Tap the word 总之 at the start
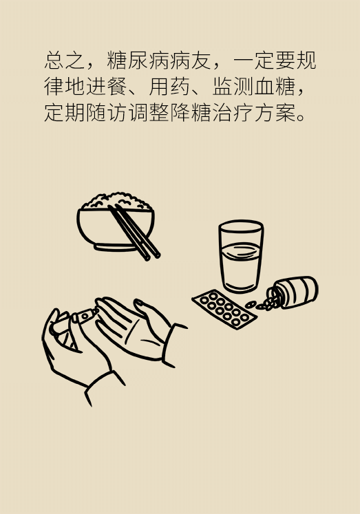pos(65,61)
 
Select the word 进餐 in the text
pos(106,87)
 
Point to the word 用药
pos(169,87)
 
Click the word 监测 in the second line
pos(232,87)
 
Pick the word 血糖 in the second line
pos(274,87)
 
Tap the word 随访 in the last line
pos(106,113)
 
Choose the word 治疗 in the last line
pos(232,113)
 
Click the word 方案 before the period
pos(274,113)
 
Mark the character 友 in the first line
pos(200,61)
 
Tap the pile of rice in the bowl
pos(116,201)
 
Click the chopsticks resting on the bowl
pos(134,232)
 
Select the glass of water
pos(241,256)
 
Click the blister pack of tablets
pos(224,309)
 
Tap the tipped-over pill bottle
pos(292,292)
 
